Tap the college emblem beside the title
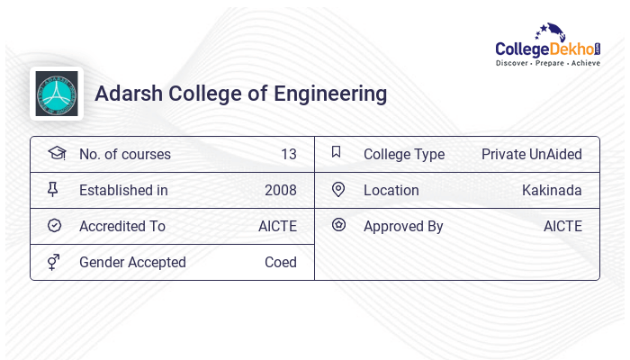point(57,94)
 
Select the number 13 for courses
point(288,154)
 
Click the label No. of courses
point(124,154)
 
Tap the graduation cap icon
point(56,153)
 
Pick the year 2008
point(280,190)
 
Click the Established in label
point(123,190)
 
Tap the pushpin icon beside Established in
point(53,190)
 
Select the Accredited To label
point(122,226)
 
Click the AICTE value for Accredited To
point(277,226)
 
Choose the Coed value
point(280,262)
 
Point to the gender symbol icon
point(54,262)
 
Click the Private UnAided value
point(531,154)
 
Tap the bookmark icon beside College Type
point(337,153)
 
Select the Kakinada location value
point(552,190)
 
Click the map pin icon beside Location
point(337,190)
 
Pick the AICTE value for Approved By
point(562,226)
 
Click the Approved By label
point(403,226)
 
